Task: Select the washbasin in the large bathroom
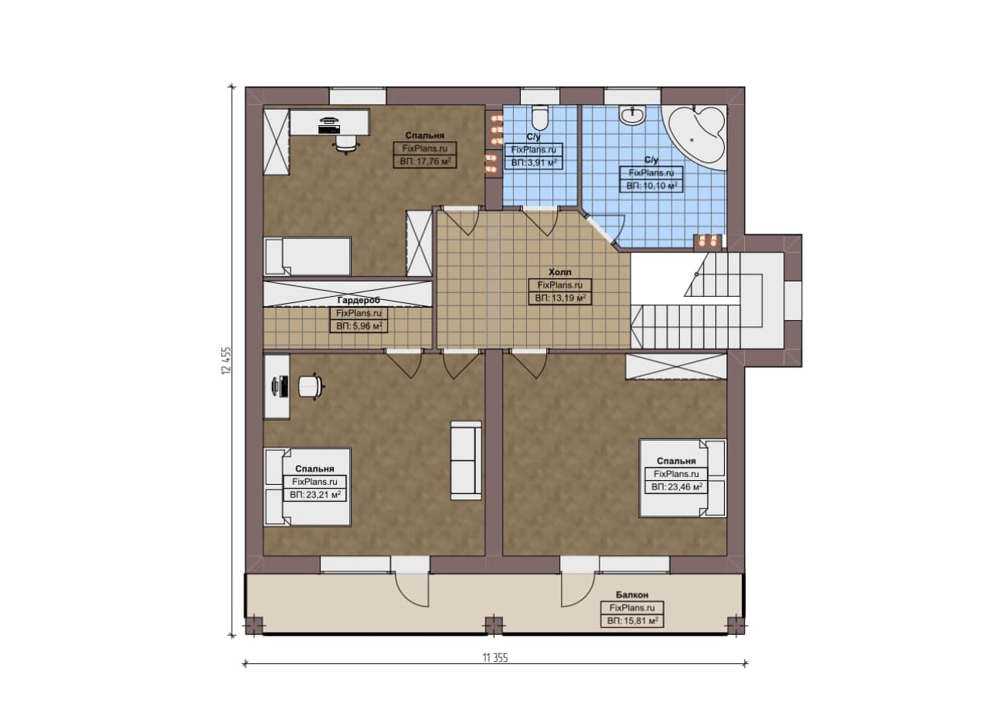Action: [634, 115]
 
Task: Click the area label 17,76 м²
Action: [425, 162]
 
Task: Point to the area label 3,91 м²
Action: [534, 163]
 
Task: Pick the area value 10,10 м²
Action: [651, 186]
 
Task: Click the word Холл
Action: [560, 272]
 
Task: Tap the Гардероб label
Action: [359, 301]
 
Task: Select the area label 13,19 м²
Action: [560, 298]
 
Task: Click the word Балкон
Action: [632, 595]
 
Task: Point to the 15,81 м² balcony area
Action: [632, 621]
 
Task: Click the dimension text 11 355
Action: [495, 658]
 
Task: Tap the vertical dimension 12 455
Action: [226, 361]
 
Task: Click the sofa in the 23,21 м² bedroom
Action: [466, 461]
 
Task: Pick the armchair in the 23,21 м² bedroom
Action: [311, 387]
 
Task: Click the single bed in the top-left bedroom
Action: [308, 257]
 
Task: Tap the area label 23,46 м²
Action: [677, 487]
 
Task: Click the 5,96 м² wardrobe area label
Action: [359, 326]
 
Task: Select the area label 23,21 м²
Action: [314, 495]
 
